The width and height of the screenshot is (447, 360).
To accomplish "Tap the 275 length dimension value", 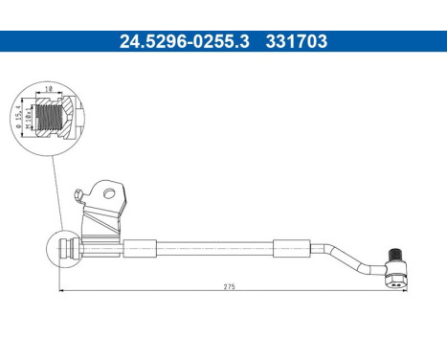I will coord(230,286).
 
